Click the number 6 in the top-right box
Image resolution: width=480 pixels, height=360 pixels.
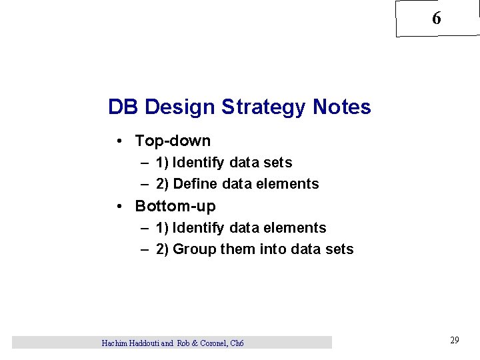[436, 19]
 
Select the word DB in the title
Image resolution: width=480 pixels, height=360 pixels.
[123, 107]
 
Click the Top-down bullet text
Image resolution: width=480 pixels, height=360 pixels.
[173, 141]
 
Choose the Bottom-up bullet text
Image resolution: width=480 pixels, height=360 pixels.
[175, 206]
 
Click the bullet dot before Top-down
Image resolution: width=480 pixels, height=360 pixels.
[118, 141]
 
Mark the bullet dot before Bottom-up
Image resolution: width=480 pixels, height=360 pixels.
[118, 206]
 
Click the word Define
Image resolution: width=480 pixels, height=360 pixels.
[194, 183]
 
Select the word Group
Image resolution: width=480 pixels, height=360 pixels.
[193, 249]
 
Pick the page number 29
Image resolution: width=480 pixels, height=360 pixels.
[455, 340]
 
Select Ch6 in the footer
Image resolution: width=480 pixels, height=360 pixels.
[237, 343]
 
